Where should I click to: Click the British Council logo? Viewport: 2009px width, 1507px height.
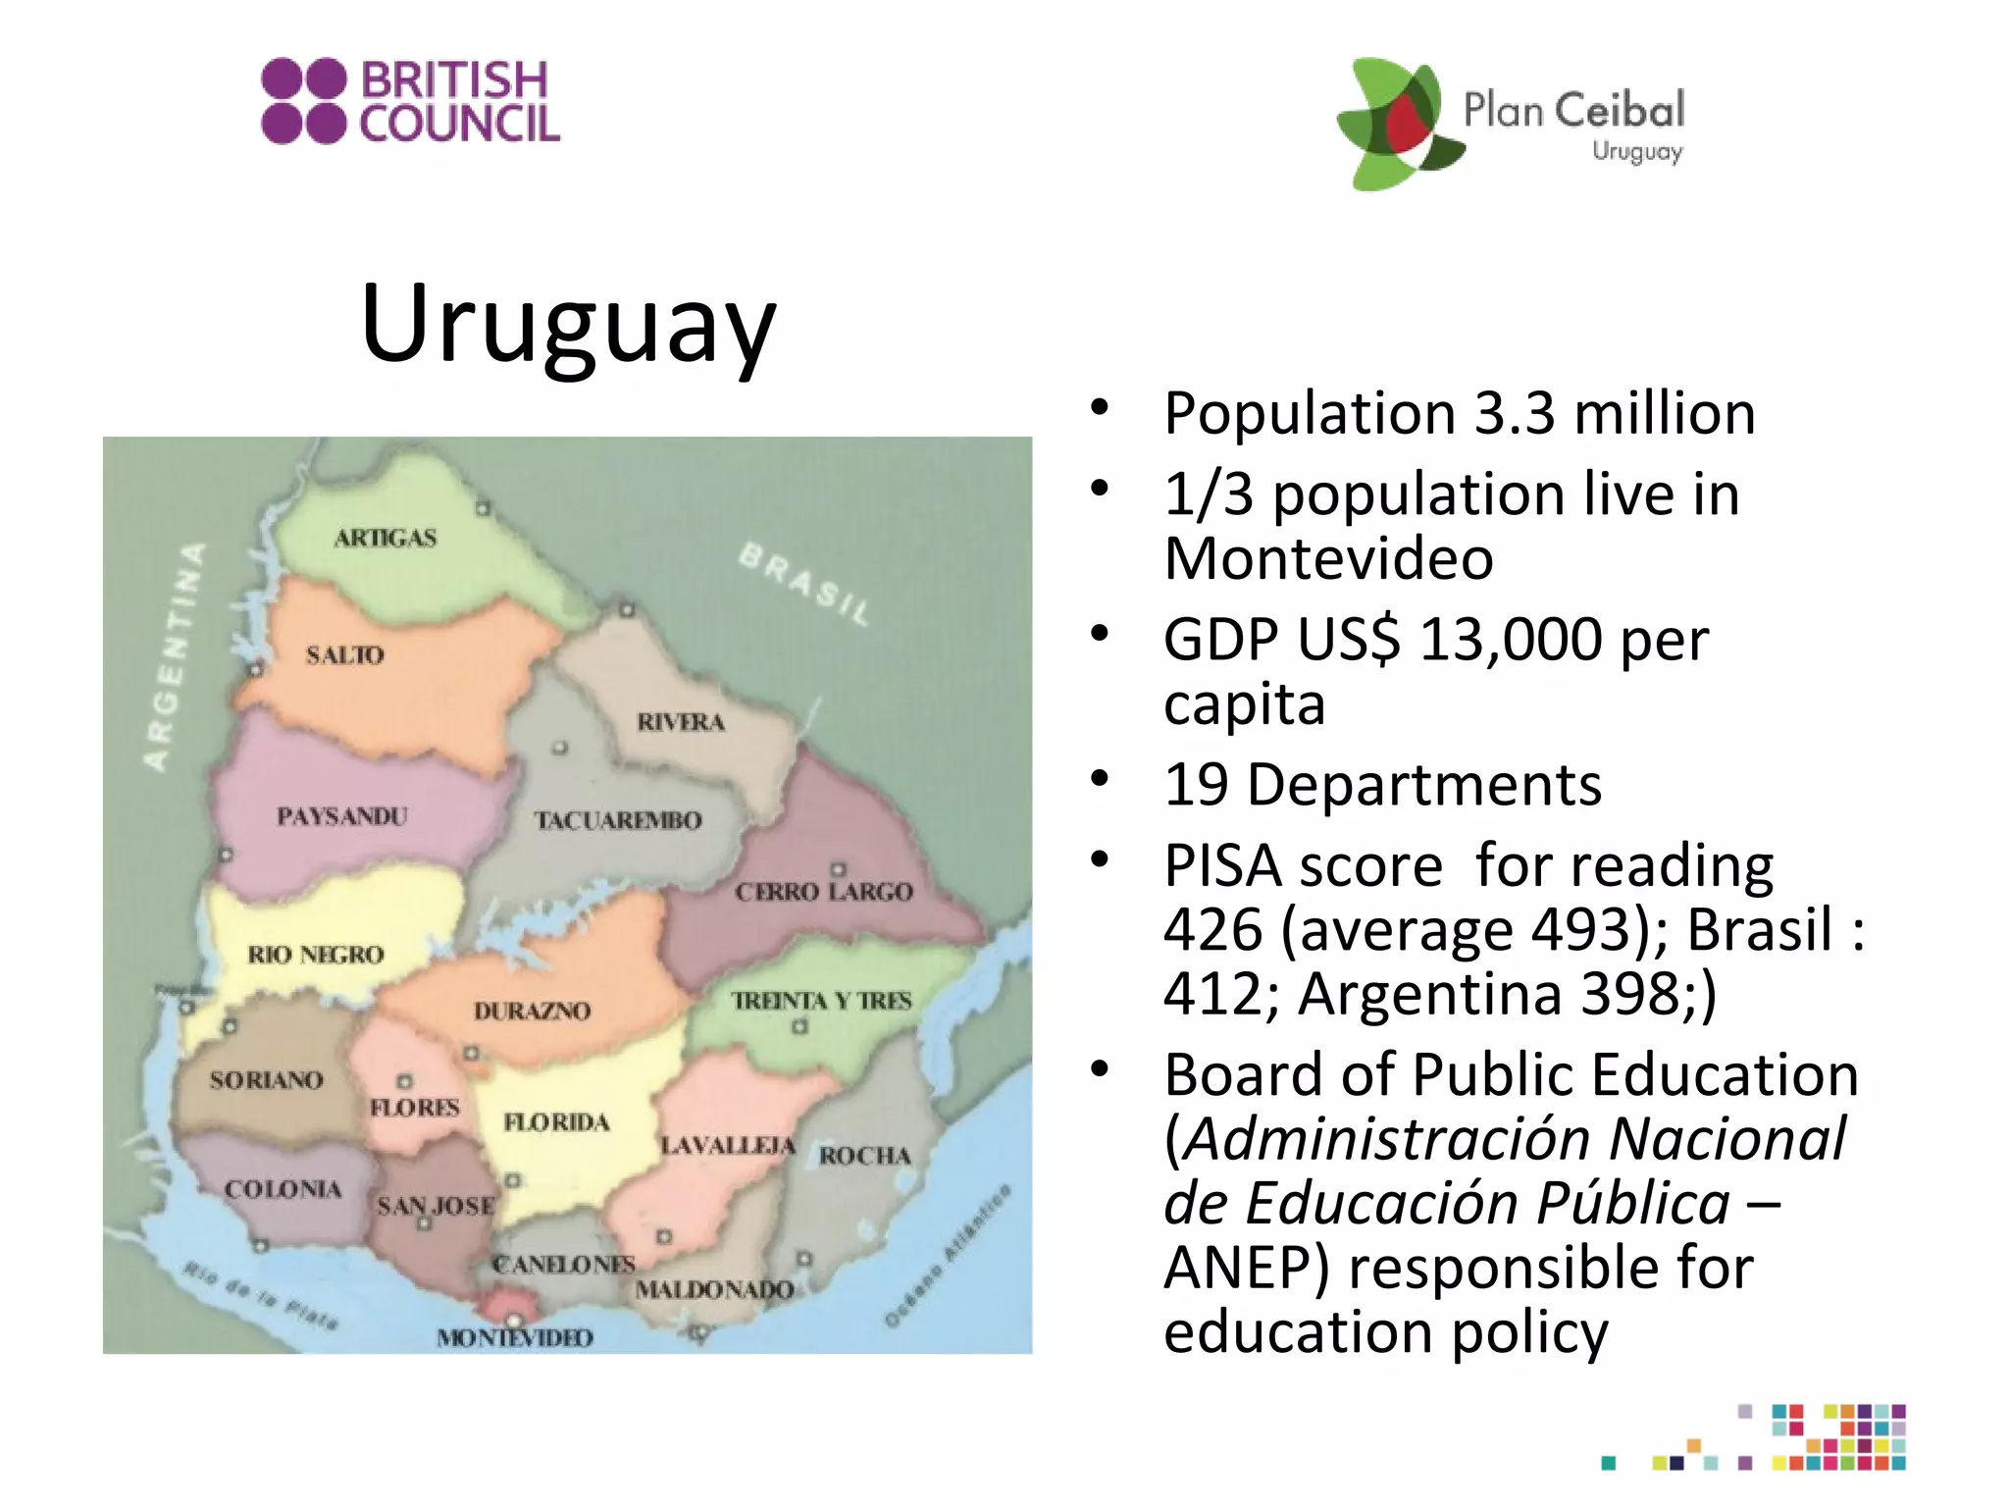coord(410,101)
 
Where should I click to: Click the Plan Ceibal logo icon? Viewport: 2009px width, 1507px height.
coord(1398,123)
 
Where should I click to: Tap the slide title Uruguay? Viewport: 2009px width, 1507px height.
coord(568,323)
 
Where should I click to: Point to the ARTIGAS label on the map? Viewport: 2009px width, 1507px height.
coord(386,538)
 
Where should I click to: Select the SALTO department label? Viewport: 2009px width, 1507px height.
coord(344,654)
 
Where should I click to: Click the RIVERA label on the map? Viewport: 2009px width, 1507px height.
coord(681,722)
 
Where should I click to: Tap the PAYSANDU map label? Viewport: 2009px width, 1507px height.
coord(341,816)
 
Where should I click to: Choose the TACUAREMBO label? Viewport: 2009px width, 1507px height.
coord(618,820)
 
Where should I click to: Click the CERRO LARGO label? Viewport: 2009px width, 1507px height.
coord(824,892)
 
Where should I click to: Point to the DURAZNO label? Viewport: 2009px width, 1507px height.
coord(532,1011)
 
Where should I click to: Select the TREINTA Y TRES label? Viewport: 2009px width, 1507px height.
coord(821,1001)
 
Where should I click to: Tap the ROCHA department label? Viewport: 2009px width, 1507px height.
coord(864,1156)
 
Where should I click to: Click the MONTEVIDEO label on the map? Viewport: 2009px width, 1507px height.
coord(515,1337)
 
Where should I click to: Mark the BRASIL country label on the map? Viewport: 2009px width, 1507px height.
coord(804,584)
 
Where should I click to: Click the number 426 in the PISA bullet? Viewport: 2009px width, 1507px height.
coord(1213,929)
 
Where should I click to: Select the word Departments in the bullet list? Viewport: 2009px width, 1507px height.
coord(1424,785)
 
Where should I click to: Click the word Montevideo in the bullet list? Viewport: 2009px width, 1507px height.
coord(1328,558)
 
